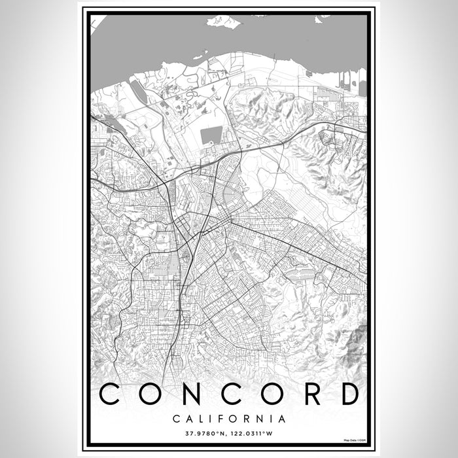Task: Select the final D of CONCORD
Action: [x=349, y=394]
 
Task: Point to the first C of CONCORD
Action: [x=109, y=394]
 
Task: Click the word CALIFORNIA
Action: [x=229, y=418]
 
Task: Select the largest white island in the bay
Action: [x=224, y=22]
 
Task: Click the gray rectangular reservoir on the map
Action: [x=211, y=136]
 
